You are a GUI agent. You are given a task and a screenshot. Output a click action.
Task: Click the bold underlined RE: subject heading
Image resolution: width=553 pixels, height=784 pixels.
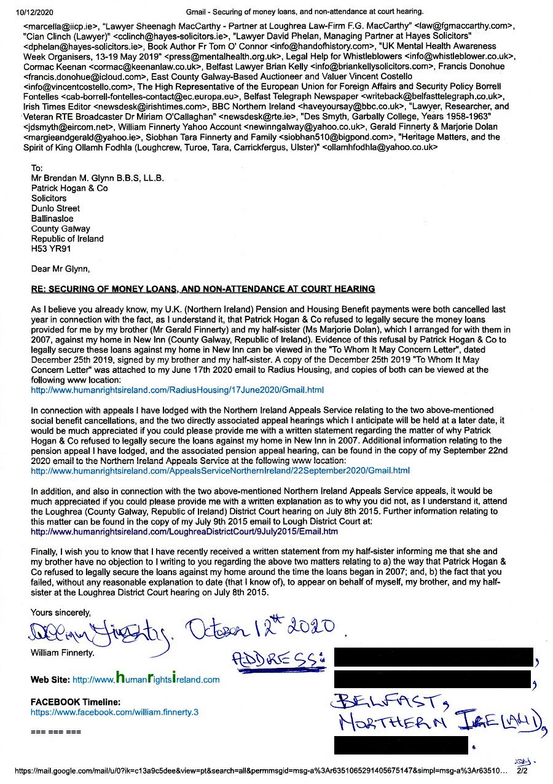(203, 289)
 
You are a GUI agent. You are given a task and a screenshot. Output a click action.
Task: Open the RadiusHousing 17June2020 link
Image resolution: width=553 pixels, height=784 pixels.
(177, 390)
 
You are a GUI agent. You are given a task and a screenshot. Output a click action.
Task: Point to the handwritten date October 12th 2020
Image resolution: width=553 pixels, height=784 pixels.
(261, 627)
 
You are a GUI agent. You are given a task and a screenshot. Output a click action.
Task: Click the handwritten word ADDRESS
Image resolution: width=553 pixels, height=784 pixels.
(278, 659)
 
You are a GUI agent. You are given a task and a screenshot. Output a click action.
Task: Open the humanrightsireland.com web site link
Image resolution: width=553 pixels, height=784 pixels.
(146, 680)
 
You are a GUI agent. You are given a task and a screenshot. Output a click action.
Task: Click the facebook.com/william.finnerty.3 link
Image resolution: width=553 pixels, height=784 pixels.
(115, 712)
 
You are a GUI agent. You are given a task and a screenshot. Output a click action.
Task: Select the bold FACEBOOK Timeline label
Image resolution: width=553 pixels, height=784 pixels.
(76, 702)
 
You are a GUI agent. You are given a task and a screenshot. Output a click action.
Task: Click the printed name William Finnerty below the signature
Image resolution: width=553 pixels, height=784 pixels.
(63, 653)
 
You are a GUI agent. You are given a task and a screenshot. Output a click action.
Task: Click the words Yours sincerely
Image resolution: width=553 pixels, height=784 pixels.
(61, 613)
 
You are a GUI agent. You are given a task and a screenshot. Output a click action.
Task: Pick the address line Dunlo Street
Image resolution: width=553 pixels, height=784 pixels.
(55, 208)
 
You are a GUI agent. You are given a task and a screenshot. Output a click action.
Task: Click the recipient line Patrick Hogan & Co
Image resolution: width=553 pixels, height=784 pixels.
(69, 188)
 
